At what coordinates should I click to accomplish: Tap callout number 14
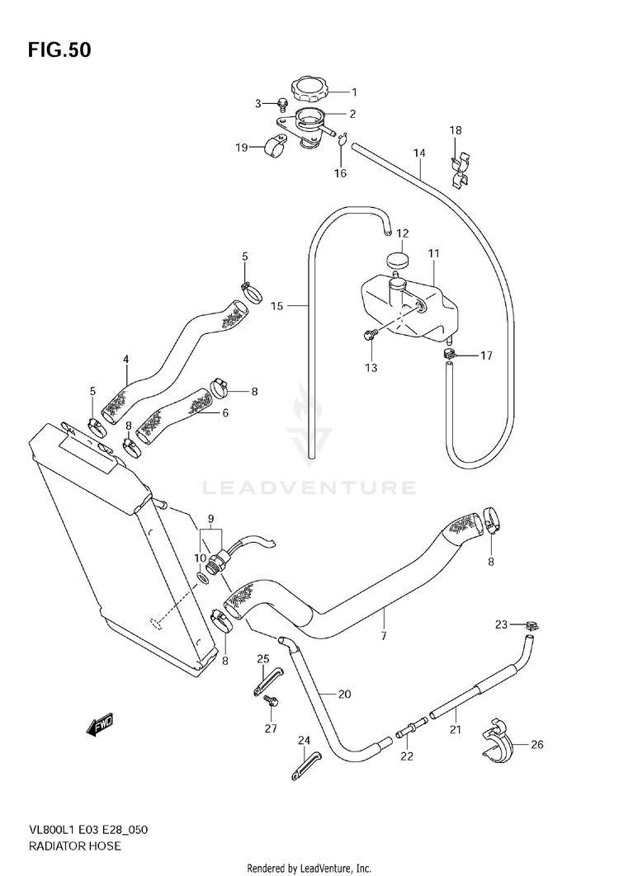(x=419, y=153)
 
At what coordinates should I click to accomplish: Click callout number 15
(x=276, y=306)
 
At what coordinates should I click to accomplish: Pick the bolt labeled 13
(x=371, y=335)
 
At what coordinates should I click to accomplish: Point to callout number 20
(x=344, y=695)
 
